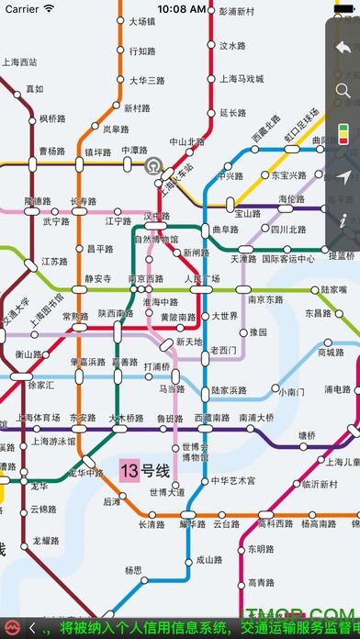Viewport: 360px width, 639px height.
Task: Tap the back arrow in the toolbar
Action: pyautogui.click(x=343, y=49)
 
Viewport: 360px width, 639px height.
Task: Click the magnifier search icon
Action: pyautogui.click(x=343, y=90)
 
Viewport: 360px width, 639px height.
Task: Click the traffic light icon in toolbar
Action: pyautogui.click(x=343, y=135)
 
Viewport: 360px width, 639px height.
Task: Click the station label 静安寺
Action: pyautogui.click(x=97, y=278)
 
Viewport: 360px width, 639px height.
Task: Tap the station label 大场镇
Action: pyautogui.click(x=142, y=21)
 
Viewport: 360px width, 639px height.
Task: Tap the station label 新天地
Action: pyautogui.click(x=189, y=342)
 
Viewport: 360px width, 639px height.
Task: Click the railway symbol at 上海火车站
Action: pyautogui.click(x=152, y=166)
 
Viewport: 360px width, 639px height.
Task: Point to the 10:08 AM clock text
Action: pyautogui.click(x=181, y=8)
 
